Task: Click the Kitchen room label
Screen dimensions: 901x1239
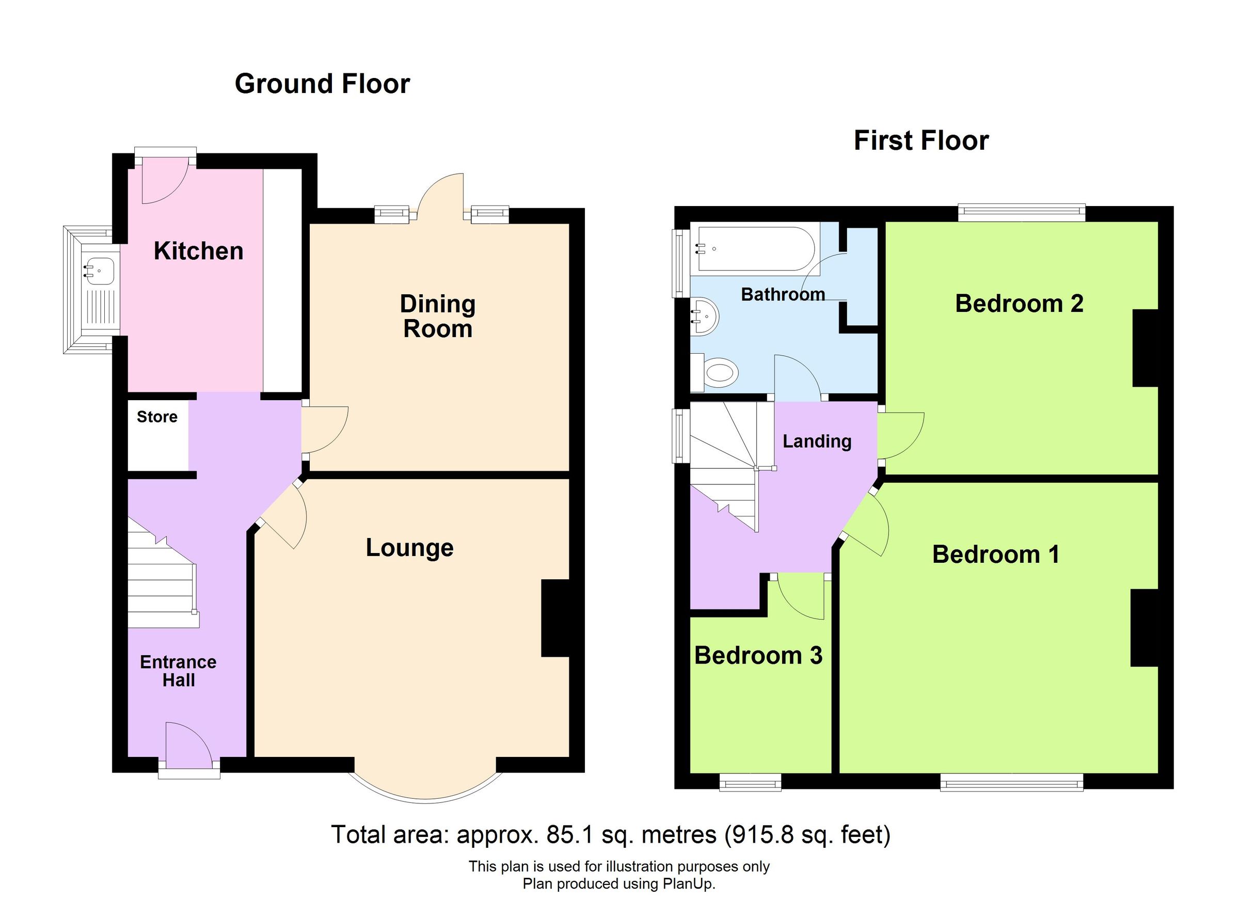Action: [x=198, y=251]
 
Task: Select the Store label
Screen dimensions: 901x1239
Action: [x=157, y=417]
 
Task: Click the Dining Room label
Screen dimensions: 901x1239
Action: [x=438, y=317]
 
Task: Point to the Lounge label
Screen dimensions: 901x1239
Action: [x=409, y=548]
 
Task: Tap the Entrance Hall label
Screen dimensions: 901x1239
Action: [x=178, y=671]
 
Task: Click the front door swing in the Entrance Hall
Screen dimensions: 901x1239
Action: [x=186, y=743]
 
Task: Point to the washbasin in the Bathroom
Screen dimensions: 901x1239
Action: [x=705, y=317]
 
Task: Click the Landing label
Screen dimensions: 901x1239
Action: [x=817, y=441]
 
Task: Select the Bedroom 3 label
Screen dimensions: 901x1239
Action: [x=758, y=656]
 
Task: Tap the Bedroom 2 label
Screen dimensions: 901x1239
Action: [x=1019, y=304]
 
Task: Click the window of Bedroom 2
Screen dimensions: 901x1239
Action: [x=1021, y=213]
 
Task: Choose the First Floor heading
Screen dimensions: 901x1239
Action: [x=921, y=141]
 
